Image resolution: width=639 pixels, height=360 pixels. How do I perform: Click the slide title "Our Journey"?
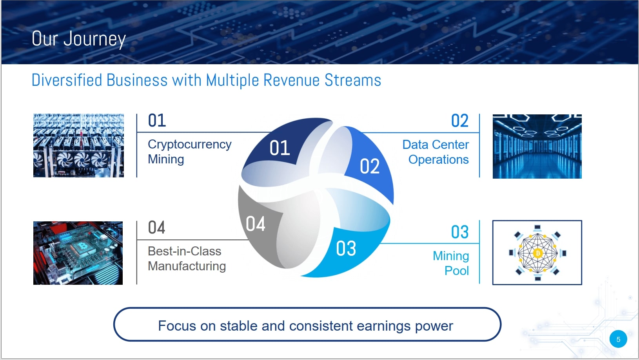click(x=79, y=39)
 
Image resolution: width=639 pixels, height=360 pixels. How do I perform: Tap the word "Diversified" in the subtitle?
click(x=67, y=80)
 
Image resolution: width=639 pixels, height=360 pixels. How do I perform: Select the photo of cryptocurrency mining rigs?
click(x=78, y=145)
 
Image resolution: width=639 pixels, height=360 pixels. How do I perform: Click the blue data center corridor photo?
click(x=537, y=147)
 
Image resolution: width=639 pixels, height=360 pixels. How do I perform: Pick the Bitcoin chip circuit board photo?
click(x=78, y=253)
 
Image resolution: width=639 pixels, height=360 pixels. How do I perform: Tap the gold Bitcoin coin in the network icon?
click(x=537, y=253)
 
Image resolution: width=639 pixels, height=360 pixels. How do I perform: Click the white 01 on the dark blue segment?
click(x=280, y=148)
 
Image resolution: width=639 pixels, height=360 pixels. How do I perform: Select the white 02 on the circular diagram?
click(x=370, y=166)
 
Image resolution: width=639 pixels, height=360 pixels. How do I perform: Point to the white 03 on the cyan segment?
click(x=346, y=248)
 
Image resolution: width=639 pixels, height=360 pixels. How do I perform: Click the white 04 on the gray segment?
click(x=255, y=223)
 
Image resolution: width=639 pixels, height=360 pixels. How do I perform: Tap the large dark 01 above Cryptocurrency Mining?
click(x=156, y=120)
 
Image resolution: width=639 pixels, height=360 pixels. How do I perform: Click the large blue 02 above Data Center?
click(x=459, y=121)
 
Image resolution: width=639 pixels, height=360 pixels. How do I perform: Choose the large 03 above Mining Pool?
click(x=459, y=232)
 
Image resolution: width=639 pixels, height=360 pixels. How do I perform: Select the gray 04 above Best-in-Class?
click(x=156, y=228)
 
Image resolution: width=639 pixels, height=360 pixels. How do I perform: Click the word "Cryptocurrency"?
click(x=190, y=145)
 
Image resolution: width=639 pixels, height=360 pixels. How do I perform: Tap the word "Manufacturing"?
click(x=187, y=266)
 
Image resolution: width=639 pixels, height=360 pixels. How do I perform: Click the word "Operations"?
click(x=438, y=160)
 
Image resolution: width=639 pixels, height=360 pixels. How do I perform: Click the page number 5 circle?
click(x=618, y=339)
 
